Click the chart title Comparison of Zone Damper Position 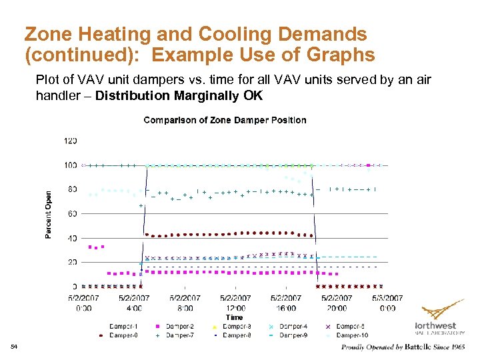225,121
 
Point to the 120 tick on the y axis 70,141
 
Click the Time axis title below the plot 234,318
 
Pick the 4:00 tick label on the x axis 134,308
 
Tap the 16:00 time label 286,308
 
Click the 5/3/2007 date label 387,298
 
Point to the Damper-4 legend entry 293,327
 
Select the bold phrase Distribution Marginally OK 179,95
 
